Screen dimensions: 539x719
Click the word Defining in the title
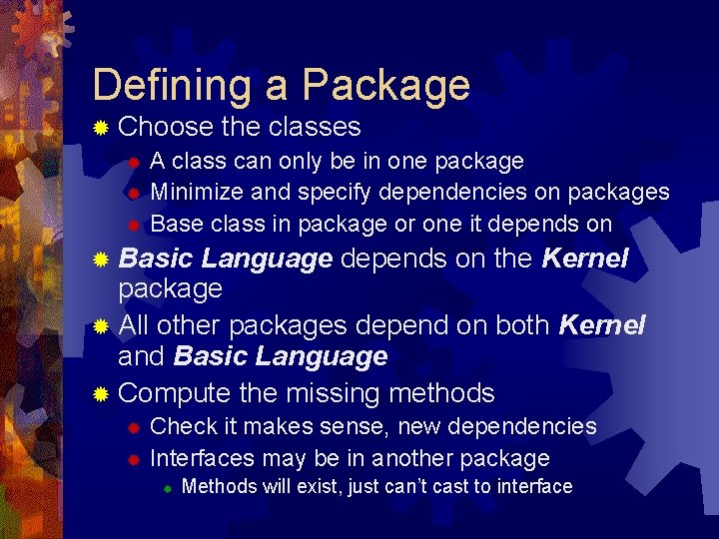click(172, 86)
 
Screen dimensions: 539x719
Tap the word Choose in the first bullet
click(165, 127)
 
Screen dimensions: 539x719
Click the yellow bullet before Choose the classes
click(100, 128)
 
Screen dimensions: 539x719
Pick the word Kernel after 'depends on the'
click(584, 260)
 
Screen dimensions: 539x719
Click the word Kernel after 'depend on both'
click(602, 325)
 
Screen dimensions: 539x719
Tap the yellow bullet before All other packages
click(100, 326)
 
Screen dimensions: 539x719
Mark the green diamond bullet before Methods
click(169, 488)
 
